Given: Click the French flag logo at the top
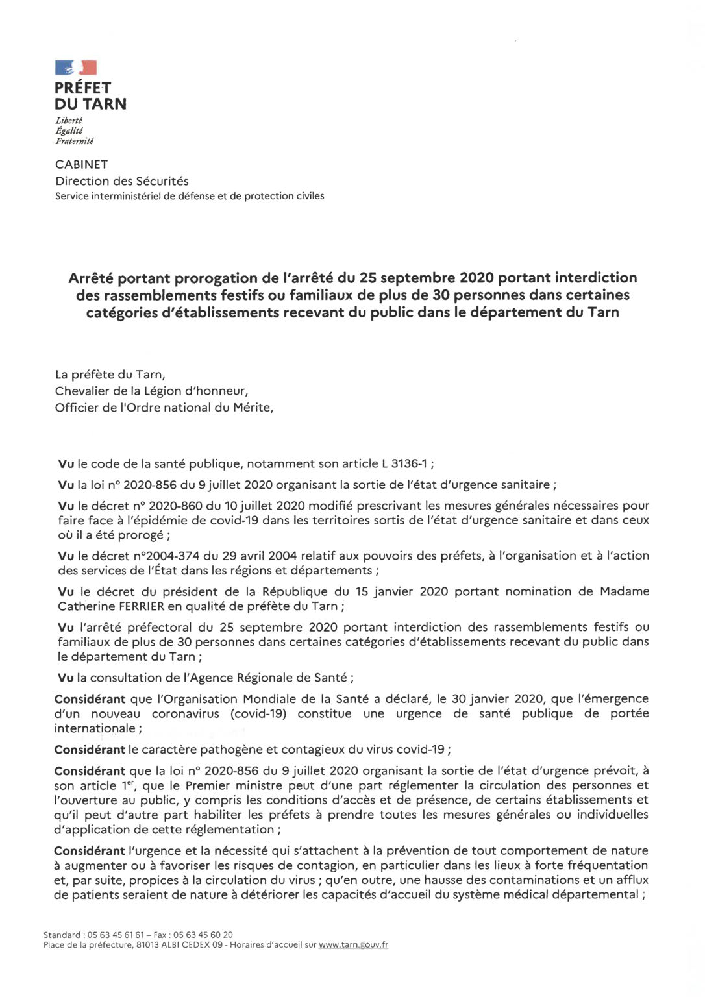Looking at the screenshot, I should click(76, 68).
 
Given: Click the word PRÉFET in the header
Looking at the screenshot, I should click(83, 88).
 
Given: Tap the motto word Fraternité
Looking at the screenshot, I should click(74, 141).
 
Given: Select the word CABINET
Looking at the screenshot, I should click(82, 165).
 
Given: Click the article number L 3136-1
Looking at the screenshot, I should click(405, 463).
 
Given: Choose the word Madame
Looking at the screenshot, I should click(625, 591).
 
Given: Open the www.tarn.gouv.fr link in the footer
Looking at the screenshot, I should click(353, 945).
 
